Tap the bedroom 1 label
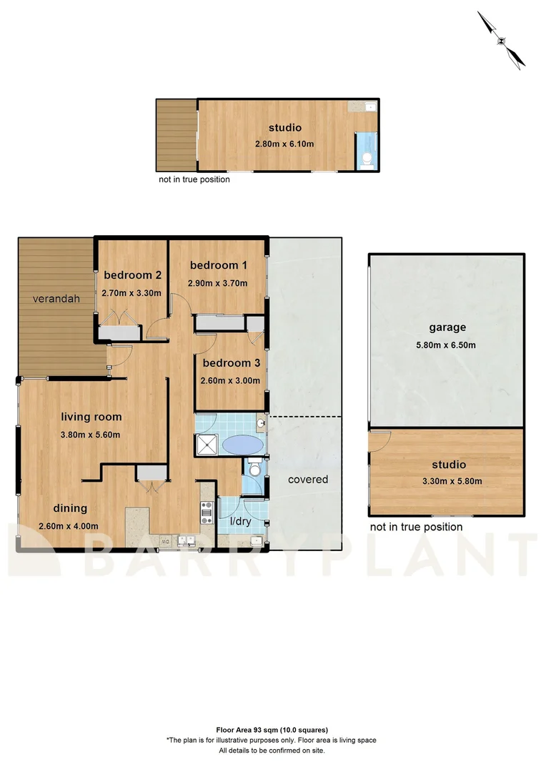click(x=218, y=265)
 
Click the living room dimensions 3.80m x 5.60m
click(x=91, y=434)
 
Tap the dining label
click(x=69, y=508)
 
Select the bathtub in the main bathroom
click(x=242, y=445)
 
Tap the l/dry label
click(x=239, y=521)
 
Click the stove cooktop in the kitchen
click(x=207, y=511)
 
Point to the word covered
click(x=308, y=479)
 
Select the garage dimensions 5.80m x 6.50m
click(x=447, y=345)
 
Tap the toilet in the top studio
click(x=367, y=159)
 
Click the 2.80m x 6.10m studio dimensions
click(x=284, y=144)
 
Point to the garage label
click(x=447, y=327)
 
